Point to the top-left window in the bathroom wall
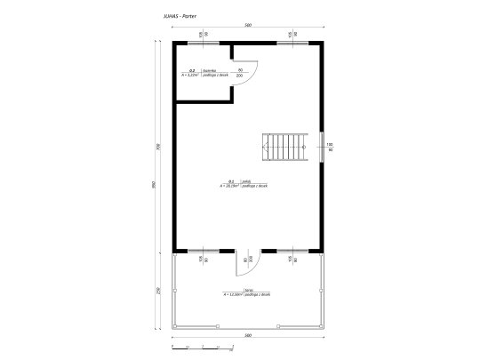click(x=203, y=41)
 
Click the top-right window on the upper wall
click(x=291, y=41)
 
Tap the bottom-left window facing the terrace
click(x=203, y=251)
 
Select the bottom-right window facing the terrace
click(x=291, y=251)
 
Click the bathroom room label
click(x=199, y=74)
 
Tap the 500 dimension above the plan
click(x=247, y=26)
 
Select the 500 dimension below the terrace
click(x=247, y=335)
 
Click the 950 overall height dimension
click(x=152, y=185)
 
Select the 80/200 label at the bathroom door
click(x=240, y=73)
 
